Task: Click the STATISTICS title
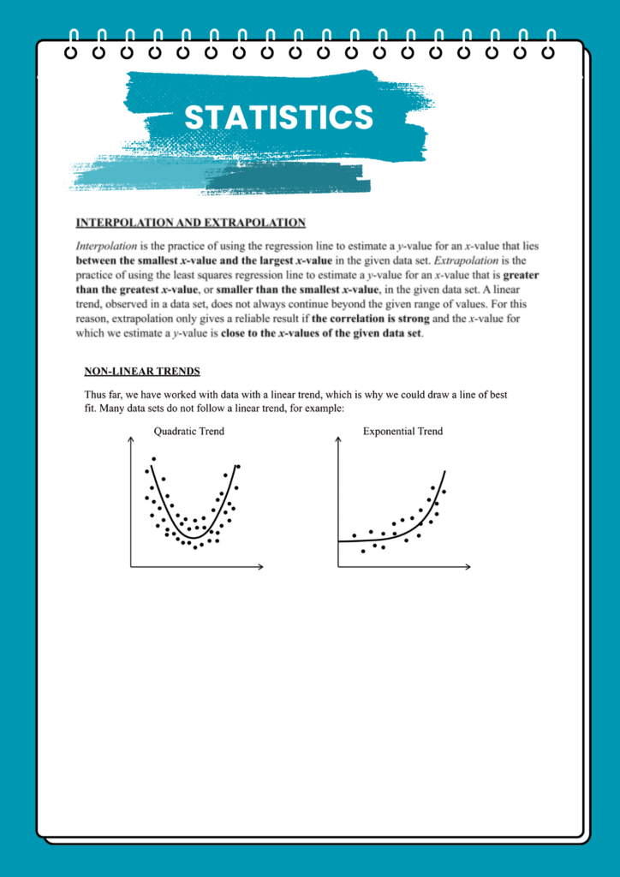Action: click(x=279, y=117)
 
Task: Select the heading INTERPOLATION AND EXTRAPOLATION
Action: click(x=191, y=223)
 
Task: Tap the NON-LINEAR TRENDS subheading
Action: click(x=142, y=371)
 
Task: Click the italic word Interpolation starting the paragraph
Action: click(x=105, y=246)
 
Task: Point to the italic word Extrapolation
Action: click(x=462, y=260)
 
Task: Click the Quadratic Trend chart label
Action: click(x=189, y=431)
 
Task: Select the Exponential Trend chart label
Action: click(x=402, y=431)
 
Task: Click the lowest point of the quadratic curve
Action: click(x=194, y=537)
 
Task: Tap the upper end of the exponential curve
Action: click(x=444, y=471)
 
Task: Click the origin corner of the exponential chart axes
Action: click(x=339, y=566)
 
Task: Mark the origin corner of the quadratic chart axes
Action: click(x=131, y=566)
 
